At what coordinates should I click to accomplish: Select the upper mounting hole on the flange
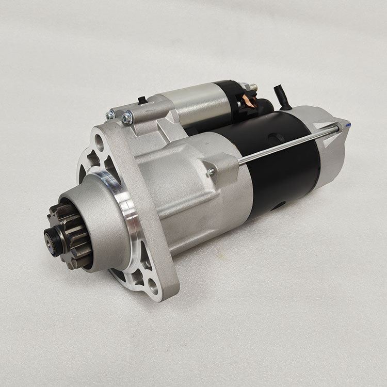[99, 140]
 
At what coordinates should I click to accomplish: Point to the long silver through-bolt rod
[289, 144]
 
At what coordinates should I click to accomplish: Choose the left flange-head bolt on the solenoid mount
[110, 115]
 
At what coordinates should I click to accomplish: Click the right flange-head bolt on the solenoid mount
[127, 118]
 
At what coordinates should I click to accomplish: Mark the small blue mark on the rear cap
[349, 125]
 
